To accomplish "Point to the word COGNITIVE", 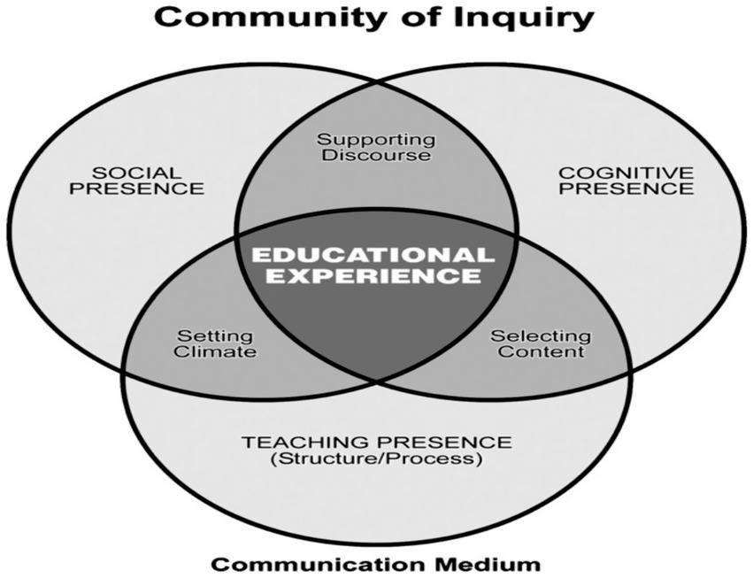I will tap(626, 171).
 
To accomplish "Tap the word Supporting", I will tap(376, 139).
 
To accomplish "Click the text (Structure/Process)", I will tap(377, 459).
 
